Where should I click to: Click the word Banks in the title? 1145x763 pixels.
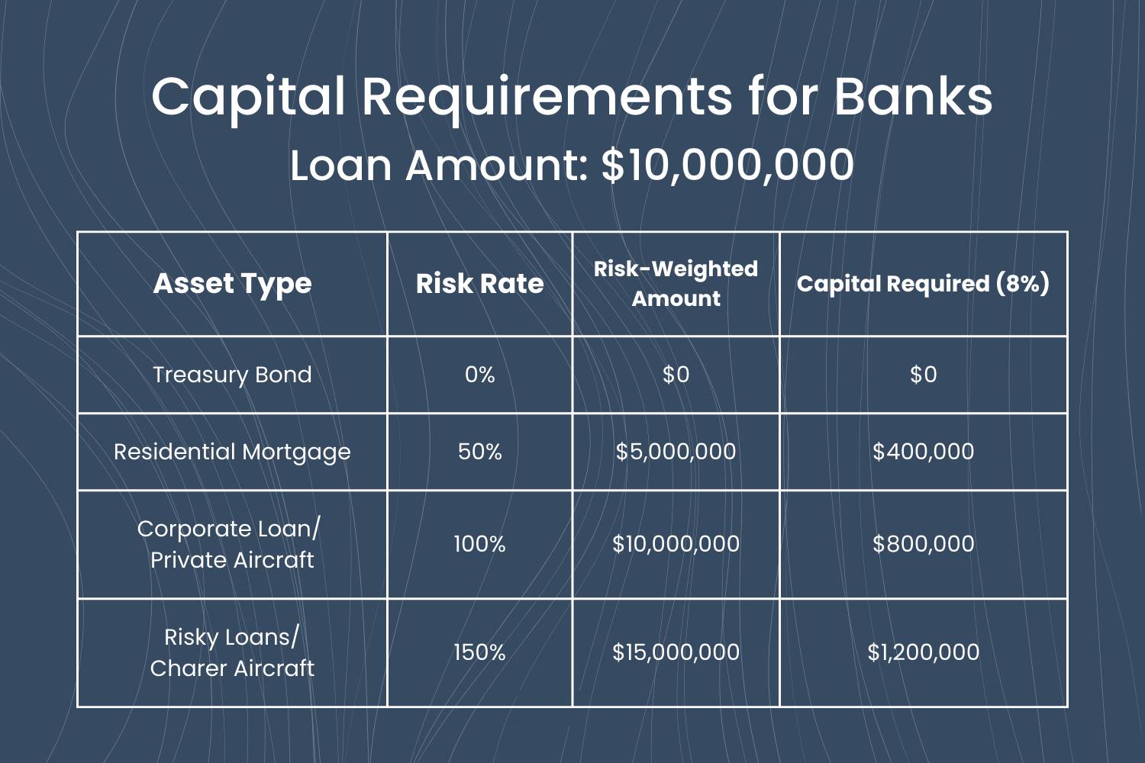[914, 95]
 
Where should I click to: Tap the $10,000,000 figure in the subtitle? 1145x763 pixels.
[727, 165]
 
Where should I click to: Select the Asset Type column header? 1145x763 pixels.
[233, 284]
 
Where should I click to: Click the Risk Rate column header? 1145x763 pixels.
[479, 284]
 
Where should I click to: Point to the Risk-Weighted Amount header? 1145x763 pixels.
[676, 284]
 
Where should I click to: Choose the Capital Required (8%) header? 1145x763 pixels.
[923, 284]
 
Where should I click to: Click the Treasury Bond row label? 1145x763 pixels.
[233, 375]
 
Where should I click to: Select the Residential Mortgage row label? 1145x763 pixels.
[233, 452]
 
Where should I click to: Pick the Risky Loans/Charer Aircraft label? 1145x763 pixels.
[233, 652]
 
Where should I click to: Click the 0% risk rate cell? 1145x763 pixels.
[479, 375]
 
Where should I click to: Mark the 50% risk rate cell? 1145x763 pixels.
[479, 452]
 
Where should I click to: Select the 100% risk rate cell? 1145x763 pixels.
[479, 544]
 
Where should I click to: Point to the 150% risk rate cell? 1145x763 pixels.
[479, 652]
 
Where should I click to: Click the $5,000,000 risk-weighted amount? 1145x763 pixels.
[676, 452]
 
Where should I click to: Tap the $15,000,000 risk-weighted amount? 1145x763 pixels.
[676, 652]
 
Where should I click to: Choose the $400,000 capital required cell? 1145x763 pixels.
[923, 452]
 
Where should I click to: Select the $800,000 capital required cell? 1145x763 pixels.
[923, 544]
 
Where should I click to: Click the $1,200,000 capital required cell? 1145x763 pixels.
[923, 652]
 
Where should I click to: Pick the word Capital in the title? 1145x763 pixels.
[249, 99]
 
